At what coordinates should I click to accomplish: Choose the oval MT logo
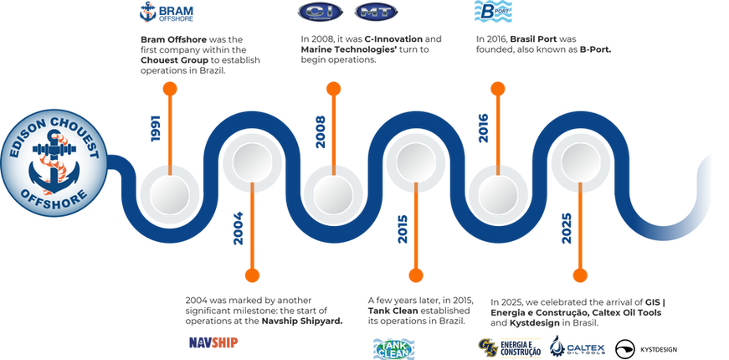tap(369, 13)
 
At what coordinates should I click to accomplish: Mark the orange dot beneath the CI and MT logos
tap(334, 88)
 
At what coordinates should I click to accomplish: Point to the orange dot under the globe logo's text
tap(171, 88)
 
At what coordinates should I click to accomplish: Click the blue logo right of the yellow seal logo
tap(577, 345)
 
